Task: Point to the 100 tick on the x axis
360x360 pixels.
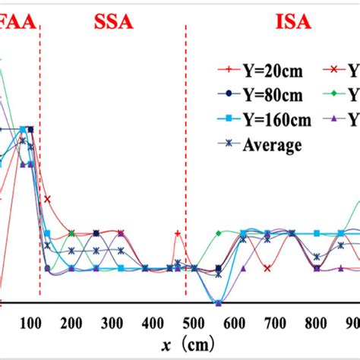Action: click(30, 323)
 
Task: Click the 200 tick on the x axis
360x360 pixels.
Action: click(71, 323)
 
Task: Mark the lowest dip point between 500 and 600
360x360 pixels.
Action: click(218, 303)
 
